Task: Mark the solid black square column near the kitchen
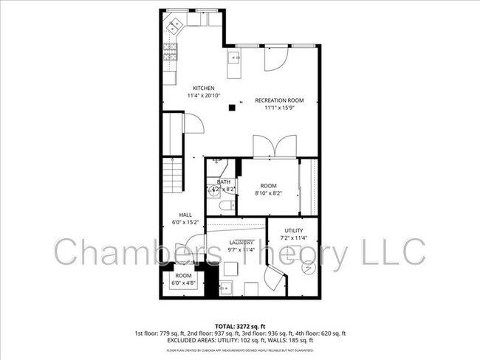click(x=232, y=107)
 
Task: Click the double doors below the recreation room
click(x=275, y=146)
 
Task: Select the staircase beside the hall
click(x=172, y=177)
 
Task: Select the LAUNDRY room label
click(x=241, y=242)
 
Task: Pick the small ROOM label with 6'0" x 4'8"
click(x=183, y=275)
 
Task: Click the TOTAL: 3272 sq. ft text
click(x=239, y=325)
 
